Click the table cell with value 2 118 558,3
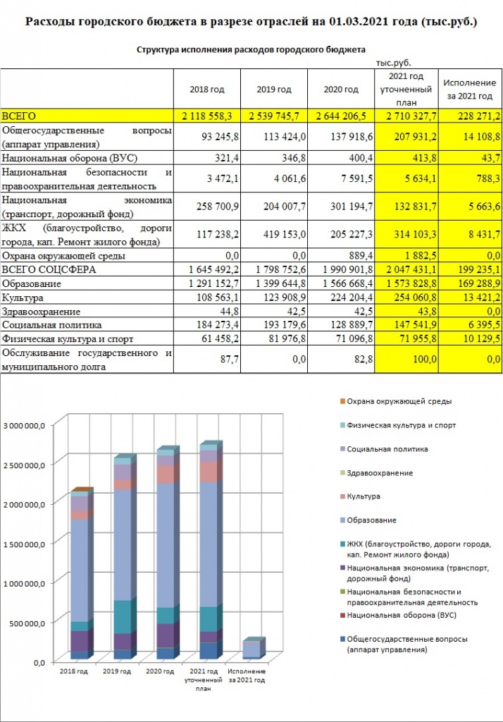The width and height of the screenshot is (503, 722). (x=207, y=116)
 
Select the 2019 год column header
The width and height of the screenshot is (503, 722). (x=274, y=90)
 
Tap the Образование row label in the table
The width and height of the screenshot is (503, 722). (x=32, y=283)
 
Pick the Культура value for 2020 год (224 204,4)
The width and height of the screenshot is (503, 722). (x=341, y=298)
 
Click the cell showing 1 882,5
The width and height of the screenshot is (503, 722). (x=406, y=256)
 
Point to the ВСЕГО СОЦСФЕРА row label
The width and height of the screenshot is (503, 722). (x=49, y=270)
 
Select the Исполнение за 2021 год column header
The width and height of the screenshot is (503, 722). (x=470, y=90)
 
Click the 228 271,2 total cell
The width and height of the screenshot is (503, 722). (x=470, y=116)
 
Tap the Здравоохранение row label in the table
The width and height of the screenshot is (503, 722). (x=42, y=312)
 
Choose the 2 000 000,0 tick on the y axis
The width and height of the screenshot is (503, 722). (x=25, y=504)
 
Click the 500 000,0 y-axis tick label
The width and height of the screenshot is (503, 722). (x=27, y=623)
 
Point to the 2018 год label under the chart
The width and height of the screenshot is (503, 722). (x=74, y=671)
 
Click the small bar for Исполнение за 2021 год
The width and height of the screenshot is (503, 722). (x=254, y=647)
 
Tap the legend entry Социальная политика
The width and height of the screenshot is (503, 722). (x=387, y=449)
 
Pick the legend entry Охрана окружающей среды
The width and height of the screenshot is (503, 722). (x=399, y=401)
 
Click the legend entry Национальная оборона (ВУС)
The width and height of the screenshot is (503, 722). (x=402, y=615)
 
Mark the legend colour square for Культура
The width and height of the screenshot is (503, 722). (x=342, y=497)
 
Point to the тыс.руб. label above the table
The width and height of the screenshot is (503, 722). (x=394, y=63)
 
